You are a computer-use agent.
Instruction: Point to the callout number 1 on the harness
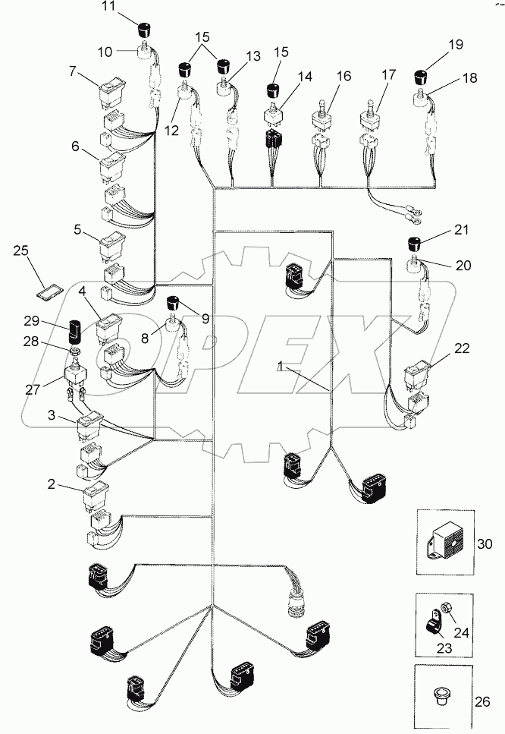281,367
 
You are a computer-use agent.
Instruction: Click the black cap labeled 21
415,244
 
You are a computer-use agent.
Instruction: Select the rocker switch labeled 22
418,374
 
